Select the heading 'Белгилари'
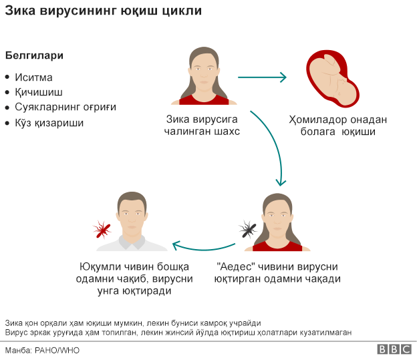tap(35, 55)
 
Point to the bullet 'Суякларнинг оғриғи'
tap(65, 107)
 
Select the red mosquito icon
tap(102, 230)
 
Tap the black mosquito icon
tap(248, 231)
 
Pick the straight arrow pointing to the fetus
tap(261, 77)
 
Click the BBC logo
tap(394, 349)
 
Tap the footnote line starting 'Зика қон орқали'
tap(132, 322)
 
